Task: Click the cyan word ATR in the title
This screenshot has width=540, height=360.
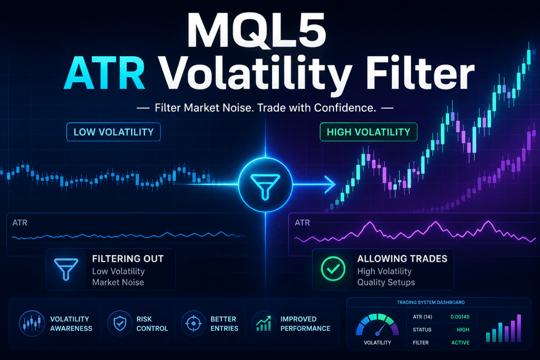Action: click(104, 73)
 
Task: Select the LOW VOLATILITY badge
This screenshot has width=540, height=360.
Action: click(113, 132)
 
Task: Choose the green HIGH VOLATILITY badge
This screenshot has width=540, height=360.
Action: click(368, 132)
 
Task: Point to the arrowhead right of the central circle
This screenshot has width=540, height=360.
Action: click(330, 184)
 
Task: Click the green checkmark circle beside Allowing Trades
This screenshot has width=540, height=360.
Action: click(333, 268)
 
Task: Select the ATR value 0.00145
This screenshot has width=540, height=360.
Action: click(460, 317)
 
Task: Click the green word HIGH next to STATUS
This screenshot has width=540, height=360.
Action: click(463, 330)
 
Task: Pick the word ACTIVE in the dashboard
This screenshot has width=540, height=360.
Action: click(460, 343)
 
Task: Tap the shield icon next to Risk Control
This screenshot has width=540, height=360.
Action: click(120, 323)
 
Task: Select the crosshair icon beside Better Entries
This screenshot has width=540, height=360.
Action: click(193, 323)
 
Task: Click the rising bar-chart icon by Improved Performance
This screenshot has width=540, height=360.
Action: click(264, 323)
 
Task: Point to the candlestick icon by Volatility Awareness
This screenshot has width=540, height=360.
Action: click(32, 323)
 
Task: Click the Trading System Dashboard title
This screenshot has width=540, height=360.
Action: click(431, 302)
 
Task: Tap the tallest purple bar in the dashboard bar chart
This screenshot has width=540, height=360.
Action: click(519, 328)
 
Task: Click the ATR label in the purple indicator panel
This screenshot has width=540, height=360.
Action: click(302, 222)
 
